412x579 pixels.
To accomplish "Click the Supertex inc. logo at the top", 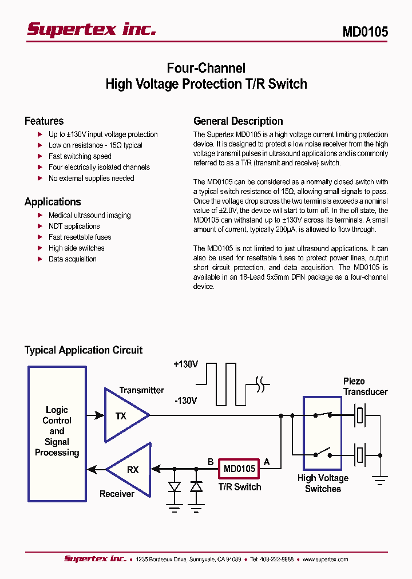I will pos(92,29).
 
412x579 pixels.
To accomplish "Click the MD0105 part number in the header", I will pos(365,32).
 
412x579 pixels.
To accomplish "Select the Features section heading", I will pos(44,121).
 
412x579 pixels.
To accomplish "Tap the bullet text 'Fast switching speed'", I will pos(80,156).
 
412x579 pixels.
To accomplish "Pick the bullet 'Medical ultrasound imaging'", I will pos(89,215).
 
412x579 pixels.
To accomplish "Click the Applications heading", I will pos(53,201).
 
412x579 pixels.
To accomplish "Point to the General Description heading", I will pos(238,121).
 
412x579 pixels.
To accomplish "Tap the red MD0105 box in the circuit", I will pos(239,469).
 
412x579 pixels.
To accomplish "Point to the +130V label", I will pos(185,364).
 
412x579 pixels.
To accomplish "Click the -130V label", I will pos(185,400).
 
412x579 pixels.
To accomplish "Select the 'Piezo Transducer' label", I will pos(365,386).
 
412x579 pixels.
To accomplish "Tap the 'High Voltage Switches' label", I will pos(323,483).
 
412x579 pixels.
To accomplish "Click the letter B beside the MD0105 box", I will pos(211,461).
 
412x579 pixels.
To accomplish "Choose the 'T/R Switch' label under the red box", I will pos(239,487).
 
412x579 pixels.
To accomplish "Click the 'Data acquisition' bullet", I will pos(72,259).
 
